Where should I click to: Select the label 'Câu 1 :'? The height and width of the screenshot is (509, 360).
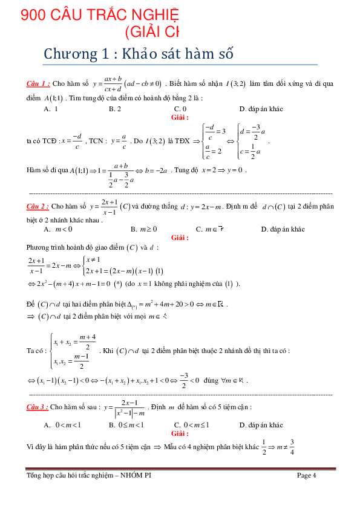tap(38, 83)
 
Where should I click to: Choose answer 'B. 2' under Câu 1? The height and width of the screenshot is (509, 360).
tap(115, 109)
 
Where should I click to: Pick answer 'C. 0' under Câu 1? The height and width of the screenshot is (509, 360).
tap(180, 109)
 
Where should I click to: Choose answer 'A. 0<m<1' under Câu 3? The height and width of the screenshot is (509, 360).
tap(62, 425)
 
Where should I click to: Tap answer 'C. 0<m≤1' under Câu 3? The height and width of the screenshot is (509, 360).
tap(191, 425)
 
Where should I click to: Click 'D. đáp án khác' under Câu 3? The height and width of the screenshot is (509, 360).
tap(261, 425)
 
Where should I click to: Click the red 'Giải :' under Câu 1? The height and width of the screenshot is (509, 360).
tap(180, 117)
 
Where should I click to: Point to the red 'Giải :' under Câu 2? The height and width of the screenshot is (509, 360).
tap(180, 238)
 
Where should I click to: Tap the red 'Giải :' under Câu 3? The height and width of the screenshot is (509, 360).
tap(180, 433)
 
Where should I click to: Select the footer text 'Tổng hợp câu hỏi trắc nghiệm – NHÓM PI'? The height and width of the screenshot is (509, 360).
tap(89, 475)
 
